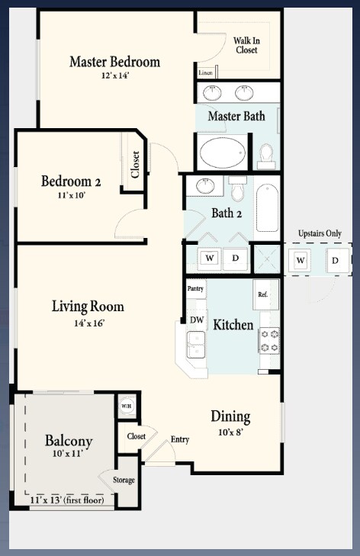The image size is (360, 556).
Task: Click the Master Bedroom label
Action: (x=114, y=62)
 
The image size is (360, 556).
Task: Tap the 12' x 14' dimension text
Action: (x=115, y=76)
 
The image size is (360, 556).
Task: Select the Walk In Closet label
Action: (x=246, y=46)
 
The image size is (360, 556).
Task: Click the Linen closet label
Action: (x=205, y=72)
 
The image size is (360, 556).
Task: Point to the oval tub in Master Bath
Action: (x=223, y=153)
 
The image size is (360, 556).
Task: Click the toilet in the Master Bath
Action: (x=266, y=156)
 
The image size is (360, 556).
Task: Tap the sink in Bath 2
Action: (x=205, y=186)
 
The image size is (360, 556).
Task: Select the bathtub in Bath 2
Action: (x=267, y=207)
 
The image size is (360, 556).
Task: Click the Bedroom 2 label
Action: (x=71, y=182)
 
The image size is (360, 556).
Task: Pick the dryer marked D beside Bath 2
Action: (x=235, y=258)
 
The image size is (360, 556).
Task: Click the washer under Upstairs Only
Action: (x=300, y=261)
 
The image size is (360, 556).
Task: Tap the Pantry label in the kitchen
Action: (x=195, y=288)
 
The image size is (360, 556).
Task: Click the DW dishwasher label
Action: (x=197, y=320)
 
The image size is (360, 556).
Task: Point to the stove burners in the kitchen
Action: (x=269, y=340)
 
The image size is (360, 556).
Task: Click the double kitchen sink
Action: (x=196, y=345)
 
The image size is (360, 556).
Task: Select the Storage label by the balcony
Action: (x=124, y=480)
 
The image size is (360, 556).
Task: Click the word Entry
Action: (x=180, y=439)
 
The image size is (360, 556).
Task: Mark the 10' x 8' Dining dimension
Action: (x=231, y=432)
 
